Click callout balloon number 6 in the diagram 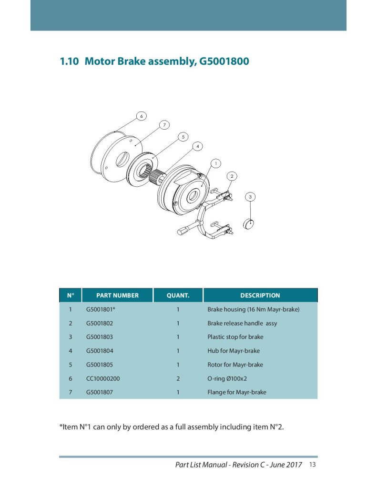click(x=142, y=116)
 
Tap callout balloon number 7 click(x=164, y=125)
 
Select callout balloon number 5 click(x=183, y=137)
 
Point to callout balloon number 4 click(x=197, y=146)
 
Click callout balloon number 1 click(x=216, y=163)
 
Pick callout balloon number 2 click(x=232, y=176)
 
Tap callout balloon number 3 click(x=250, y=197)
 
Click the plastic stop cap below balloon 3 click(x=248, y=224)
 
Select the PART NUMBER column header click(x=117, y=295)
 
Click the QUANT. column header click(x=178, y=295)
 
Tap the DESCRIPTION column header click(x=260, y=295)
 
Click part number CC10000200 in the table click(x=103, y=378)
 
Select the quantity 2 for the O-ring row click(x=178, y=378)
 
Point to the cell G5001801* click(x=101, y=309)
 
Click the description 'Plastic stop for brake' click(x=235, y=337)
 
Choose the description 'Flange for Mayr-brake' click(x=237, y=392)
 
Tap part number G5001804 click(x=100, y=351)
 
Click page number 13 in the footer click(x=312, y=464)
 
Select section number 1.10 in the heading click(x=69, y=61)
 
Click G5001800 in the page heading click(x=224, y=61)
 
